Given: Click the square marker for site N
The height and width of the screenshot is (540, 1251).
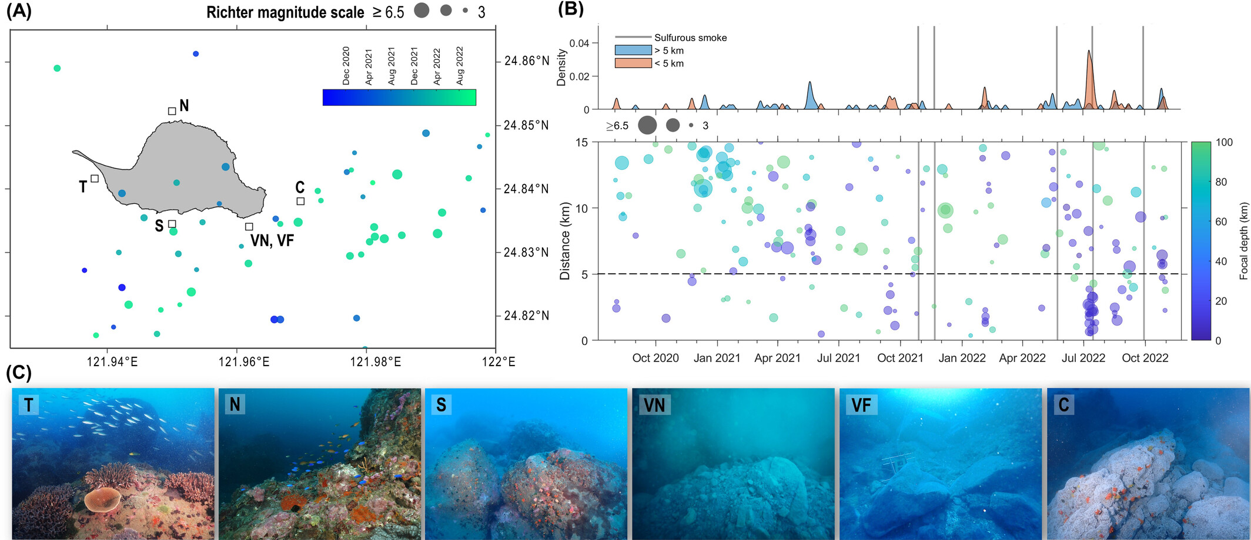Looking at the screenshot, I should tap(172, 111).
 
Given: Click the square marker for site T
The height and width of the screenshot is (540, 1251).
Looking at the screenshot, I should tap(95, 179).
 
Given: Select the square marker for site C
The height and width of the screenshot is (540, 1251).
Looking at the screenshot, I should tap(300, 201).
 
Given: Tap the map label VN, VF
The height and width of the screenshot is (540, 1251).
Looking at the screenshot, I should tap(272, 240).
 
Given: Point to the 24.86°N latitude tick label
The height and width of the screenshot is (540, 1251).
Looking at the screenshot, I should tap(526, 61).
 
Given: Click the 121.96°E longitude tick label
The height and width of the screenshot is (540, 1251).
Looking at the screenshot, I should tap(243, 361).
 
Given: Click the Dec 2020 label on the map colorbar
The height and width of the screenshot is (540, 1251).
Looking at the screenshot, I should tap(346, 66).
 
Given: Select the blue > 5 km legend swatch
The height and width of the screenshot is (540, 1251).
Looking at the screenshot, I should tap(633, 51).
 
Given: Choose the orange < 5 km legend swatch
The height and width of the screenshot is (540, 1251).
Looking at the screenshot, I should tap(633, 63).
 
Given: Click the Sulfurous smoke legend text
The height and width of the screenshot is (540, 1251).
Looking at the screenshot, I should tap(690, 38).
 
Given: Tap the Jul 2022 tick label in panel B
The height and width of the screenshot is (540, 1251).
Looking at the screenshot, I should tap(1083, 358).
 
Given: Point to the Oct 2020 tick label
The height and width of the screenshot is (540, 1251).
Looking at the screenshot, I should tap(655, 358).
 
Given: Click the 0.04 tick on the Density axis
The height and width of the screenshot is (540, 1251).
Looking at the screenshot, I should tap(579, 43).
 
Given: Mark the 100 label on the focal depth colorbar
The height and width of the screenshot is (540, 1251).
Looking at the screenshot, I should tap(1224, 142).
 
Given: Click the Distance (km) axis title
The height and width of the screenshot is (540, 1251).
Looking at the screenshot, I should tap(565, 241).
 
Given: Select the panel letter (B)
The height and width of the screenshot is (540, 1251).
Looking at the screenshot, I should tap(570, 9).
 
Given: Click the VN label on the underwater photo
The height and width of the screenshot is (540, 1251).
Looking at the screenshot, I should tap(654, 405).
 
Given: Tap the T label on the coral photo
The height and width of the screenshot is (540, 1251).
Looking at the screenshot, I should tap(28, 404).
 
